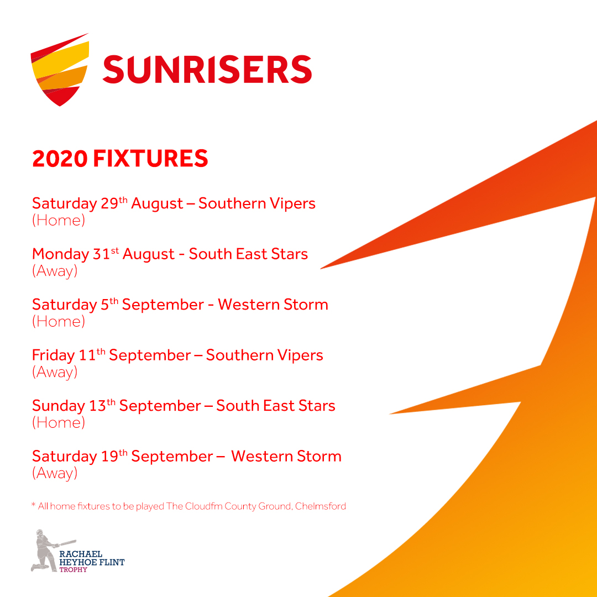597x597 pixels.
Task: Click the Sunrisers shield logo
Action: click(x=60, y=70)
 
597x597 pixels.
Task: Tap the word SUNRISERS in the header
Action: click(x=207, y=69)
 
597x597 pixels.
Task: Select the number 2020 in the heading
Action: click(x=60, y=159)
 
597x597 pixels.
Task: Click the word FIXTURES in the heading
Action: click(x=150, y=159)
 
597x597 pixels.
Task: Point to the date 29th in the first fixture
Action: click(x=114, y=203)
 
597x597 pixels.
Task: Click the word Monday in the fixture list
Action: click(x=61, y=254)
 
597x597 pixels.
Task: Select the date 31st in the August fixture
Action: click(x=106, y=254)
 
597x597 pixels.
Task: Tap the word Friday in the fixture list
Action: click(x=53, y=355)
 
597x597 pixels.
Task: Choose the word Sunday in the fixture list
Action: click(x=59, y=406)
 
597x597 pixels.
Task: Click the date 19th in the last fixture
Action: click(x=114, y=455)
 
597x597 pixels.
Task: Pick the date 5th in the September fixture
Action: click(x=109, y=304)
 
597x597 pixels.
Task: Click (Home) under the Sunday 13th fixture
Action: click(x=59, y=423)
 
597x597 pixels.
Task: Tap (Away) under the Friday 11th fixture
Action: click(x=55, y=373)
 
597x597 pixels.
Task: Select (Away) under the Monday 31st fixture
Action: click(x=55, y=271)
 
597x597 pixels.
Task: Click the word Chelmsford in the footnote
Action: click(x=320, y=506)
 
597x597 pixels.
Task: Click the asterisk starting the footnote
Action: click(x=34, y=505)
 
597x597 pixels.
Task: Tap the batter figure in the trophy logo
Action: click(x=48, y=551)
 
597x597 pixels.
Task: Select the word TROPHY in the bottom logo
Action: click(x=73, y=570)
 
